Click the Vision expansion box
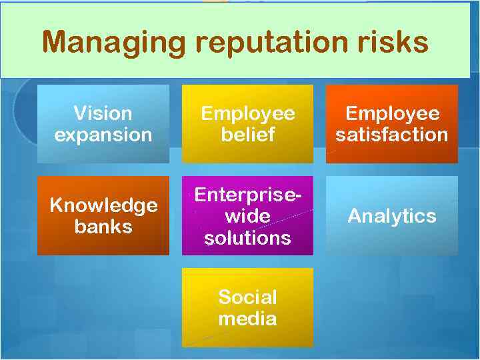pyautogui.click(x=103, y=124)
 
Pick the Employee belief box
pyautogui.click(x=247, y=124)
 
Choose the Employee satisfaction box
pyautogui.click(x=391, y=124)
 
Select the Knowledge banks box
pyautogui.click(x=103, y=215)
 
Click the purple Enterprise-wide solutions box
pyautogui.click(x=247, y=215)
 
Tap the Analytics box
pyautogui.click(x=391, y=215)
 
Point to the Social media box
pyautogui.click(x=247, y=307)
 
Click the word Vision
pyautogui.click(x=103, y=113)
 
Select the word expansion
pyautogui.click(x=103, y=135)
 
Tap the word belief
pyautogui.click(x=247, y=135)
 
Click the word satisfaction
pyautogui.click(x=391, y=135)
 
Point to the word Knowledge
pyautogui.click(x=103, y=205)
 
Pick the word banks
pyautogui.click(x=103, y=227)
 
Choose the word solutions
pyautogui.click(x=247, y=238)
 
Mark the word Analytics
pyautogui.click(x=391, y=216)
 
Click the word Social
pyautogui.click(x=247, y=297)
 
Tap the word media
pyautogui.click(x=247, y=319)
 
